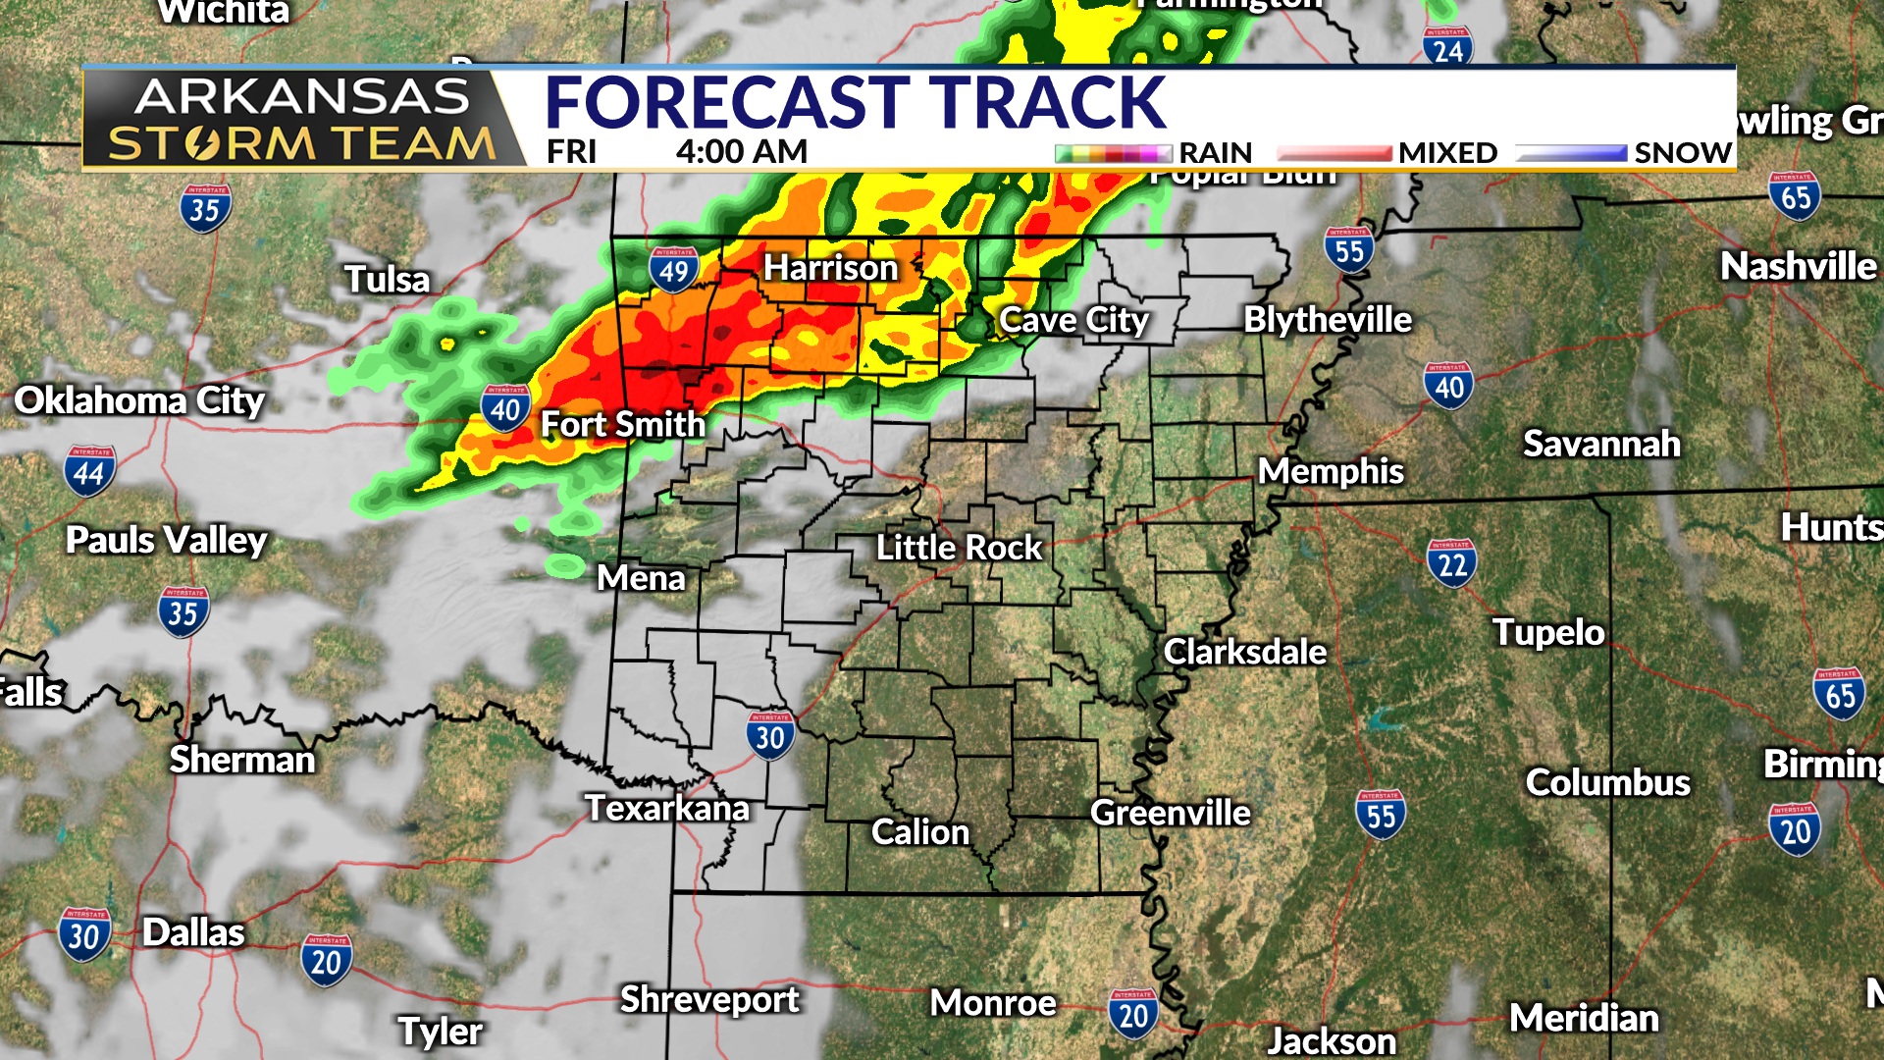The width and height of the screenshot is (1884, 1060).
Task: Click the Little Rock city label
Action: coord(959,548)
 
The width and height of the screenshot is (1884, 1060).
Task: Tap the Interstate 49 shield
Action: coord(674,269)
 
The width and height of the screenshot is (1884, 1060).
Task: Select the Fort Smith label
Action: coord(623,425)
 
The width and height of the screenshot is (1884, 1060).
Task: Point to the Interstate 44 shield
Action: coord(89,472)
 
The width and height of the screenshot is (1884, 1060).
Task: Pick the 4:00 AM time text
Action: coord(741,152)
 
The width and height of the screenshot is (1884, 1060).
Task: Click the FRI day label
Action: coord(571,152)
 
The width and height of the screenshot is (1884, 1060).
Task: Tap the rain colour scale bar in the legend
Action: coord(1113,153)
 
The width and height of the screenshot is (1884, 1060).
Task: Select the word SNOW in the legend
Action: coord(1682,153)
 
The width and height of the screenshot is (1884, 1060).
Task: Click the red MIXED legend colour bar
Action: coord(1334,153)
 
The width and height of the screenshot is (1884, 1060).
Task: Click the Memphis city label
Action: coord(1331,472)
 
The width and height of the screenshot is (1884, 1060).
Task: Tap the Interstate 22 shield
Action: coord(1451,563)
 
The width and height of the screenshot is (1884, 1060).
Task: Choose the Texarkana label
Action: coord(667,809)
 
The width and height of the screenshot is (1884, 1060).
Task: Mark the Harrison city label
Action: coord(830,268)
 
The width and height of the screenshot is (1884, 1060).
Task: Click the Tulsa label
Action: coord(387,280)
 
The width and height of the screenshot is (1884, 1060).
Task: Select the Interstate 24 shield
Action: coord(1447,47)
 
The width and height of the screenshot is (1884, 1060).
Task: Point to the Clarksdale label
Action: coord(1244,653)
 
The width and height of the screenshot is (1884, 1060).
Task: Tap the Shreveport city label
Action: coord(709,1000)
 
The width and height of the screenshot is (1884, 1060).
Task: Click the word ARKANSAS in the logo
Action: coord(301,97)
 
